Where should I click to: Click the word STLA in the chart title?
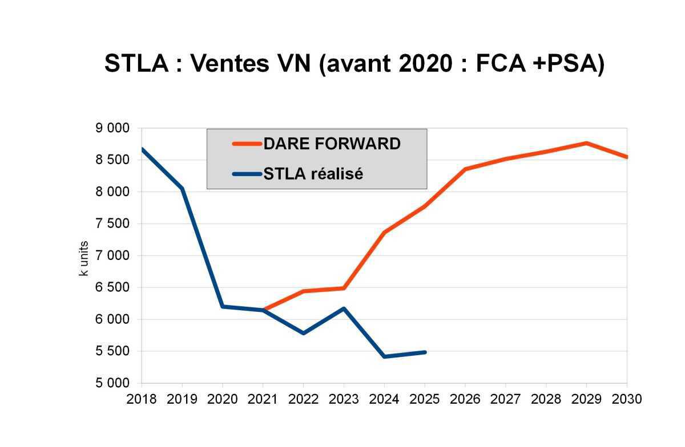(136, 64)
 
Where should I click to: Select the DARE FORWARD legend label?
(332, 144)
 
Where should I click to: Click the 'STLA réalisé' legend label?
(313, 174)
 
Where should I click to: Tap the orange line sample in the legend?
(247, 144)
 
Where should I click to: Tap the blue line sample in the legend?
(247, 174)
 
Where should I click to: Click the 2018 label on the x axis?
(142, 399)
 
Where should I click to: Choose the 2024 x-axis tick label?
(384, 399)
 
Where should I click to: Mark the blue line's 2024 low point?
(385, 356)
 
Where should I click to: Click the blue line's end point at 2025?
(425, 352)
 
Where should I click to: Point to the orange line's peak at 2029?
(587, 143)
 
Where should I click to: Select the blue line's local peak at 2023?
(344, 308)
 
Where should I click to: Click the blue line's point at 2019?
(182, 188)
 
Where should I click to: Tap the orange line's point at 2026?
(465, 169)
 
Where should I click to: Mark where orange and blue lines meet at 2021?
(263, 310)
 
